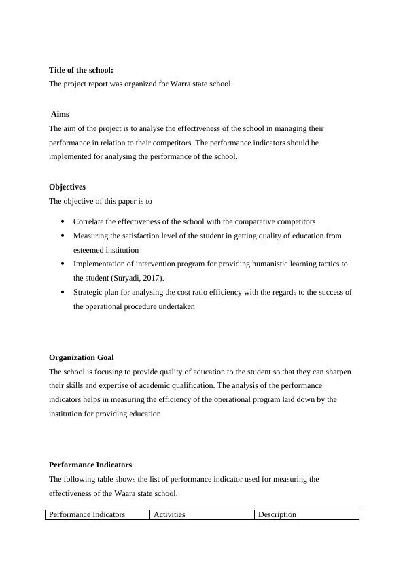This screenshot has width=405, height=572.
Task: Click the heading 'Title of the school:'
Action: (81, 70)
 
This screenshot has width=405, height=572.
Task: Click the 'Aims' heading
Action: (60, 114)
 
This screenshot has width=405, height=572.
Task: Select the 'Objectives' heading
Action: (67, 187)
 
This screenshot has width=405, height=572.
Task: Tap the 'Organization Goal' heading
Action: (82, 357)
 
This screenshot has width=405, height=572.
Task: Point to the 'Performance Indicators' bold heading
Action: (90, 465)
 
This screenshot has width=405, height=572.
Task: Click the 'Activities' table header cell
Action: (169, 514)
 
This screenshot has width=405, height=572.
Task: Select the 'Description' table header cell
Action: (277, 514)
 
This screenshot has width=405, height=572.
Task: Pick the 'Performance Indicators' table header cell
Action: (88, 514)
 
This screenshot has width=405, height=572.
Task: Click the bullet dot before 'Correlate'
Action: (63, 221)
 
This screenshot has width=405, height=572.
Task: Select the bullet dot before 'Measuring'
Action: (63, 236)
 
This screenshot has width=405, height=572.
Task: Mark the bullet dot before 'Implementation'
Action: (63, 264)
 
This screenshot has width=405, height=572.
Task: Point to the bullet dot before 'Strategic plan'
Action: (63, 292)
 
